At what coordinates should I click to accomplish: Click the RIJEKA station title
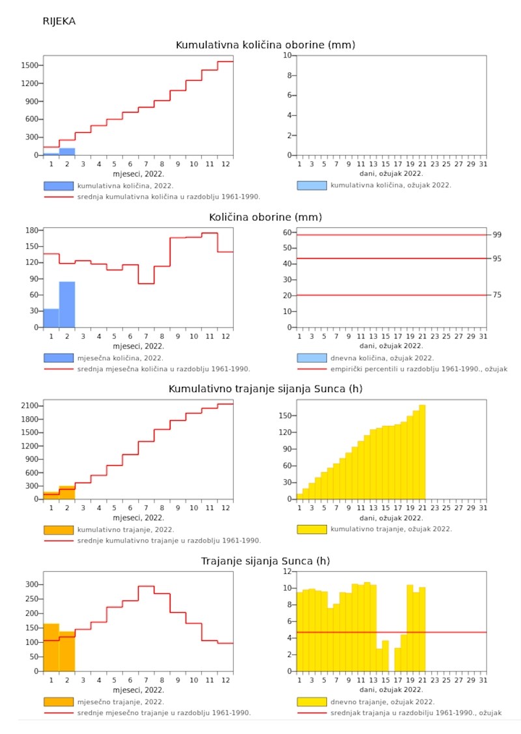[59, 21]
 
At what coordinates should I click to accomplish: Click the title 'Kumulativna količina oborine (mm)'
[265, 45]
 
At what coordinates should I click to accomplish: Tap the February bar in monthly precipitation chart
[67, 305]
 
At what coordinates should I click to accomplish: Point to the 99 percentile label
[497, 235]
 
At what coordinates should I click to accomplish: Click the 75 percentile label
[497, 295]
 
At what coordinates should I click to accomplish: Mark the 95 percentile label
[497, 259]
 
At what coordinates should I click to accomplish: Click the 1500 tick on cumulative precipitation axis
[28, 65]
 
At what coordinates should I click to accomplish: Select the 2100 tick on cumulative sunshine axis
[28, 406]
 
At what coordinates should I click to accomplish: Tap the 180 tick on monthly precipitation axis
[31, 231]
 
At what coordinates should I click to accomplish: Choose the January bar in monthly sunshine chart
[51, 647]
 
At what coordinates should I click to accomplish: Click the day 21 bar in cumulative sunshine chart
[422, 452]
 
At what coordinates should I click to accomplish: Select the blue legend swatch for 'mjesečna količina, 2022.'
[58, 358]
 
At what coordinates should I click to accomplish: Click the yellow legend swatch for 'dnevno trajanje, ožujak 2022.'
[312, 702]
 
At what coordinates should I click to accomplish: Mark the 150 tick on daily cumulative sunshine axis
[284, 416]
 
